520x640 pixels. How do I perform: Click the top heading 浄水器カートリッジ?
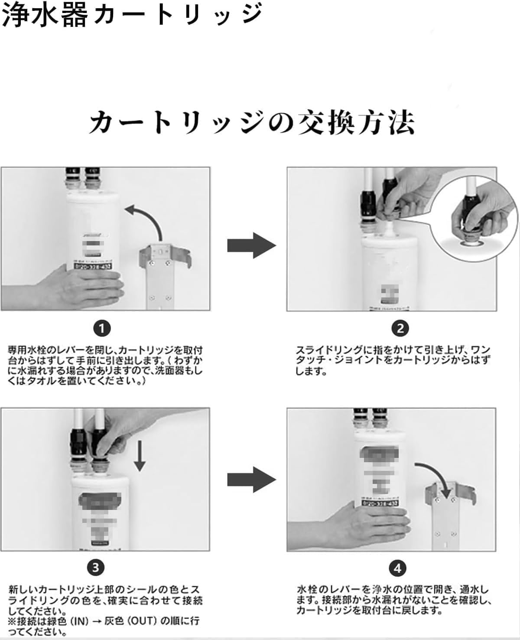(132, 16)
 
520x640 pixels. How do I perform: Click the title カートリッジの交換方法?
(252, 122)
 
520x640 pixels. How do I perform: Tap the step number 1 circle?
(102, 329)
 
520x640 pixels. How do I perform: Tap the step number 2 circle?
(400, 329)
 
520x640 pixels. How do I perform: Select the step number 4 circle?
(397, 568)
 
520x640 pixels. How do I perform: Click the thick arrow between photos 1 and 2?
(252, 245)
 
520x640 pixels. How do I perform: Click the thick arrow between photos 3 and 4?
(252, 480)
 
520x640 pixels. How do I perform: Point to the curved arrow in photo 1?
(147, 219)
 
